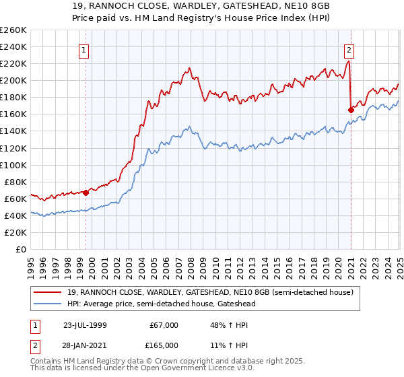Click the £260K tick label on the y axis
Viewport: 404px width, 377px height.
(13, 30)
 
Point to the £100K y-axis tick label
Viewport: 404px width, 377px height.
(13, 165)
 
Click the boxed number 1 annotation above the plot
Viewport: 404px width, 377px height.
(83, 49)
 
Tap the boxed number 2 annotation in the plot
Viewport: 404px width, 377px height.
(349, 49)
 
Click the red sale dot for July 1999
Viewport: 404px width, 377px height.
(86, 193)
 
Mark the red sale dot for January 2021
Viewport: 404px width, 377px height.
(351, 110)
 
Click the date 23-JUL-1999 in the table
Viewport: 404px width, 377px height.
(86, 325)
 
